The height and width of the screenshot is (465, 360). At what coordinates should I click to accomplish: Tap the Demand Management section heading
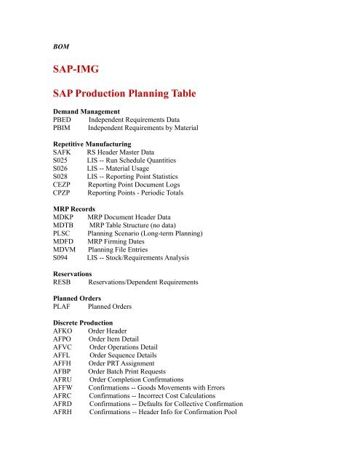click(x=90, y=113)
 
